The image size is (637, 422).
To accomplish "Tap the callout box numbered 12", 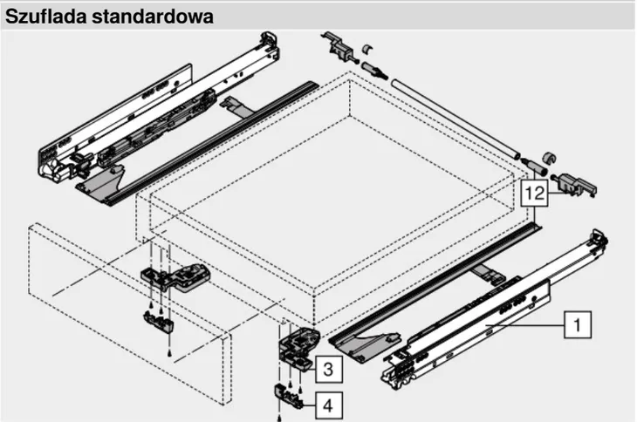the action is click(534, 193).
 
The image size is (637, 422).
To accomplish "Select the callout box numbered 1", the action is click(578, 324).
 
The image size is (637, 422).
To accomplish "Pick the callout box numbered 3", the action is click(328, 370).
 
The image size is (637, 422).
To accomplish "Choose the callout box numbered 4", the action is click(329, 405).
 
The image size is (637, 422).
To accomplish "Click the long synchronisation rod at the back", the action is click(455, 119).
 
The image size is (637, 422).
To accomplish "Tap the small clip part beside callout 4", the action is click(289, 396).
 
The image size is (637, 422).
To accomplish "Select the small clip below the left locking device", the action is click(158, 321).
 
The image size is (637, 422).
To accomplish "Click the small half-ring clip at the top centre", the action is click(367, 49).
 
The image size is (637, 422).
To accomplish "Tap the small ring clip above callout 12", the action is click(549, 158).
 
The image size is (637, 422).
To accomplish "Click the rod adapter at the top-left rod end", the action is click(373, 70).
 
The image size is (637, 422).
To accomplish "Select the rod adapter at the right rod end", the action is click(533, 164).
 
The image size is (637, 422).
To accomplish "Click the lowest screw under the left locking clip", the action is click(170, 354).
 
